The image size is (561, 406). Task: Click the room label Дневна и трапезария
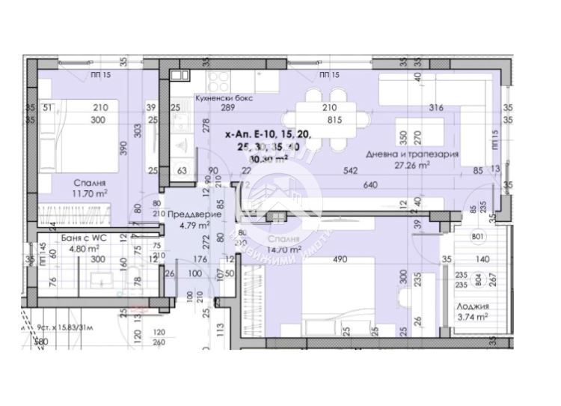tap(412, 154)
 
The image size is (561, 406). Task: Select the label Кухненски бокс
tap(224, 98)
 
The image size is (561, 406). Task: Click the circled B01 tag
tap(479, 238)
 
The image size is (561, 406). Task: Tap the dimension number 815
tap(334, 119)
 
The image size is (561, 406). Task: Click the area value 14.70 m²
tap(283, 249)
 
